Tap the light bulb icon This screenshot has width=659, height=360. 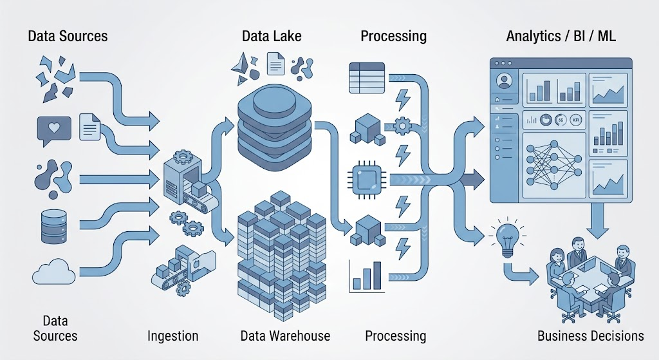507,238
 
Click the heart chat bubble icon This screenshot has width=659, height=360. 54,130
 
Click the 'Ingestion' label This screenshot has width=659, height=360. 172,336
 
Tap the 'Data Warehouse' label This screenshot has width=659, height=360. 285,336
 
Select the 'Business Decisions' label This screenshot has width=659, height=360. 591,336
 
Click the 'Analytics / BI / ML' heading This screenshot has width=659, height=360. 561,36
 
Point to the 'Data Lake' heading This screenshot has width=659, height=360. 272,36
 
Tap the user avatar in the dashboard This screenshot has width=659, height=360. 503,81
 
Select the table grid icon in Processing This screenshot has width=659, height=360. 367,78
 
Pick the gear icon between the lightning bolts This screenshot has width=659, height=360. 403,126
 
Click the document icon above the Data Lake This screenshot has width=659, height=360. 275,64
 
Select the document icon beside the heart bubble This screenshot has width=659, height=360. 90,126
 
